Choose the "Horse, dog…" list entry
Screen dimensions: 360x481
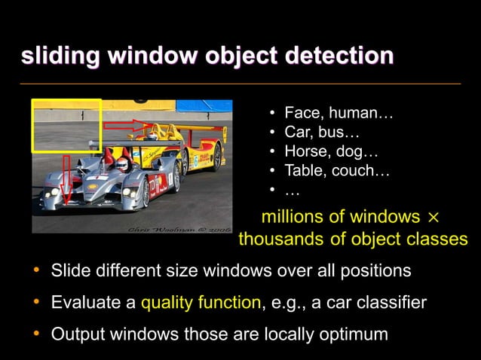coord(331,152)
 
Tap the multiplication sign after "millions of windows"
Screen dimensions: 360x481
coord(433,218)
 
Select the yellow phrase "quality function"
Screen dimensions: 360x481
coord(201,303)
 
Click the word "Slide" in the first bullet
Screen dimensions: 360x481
coord(69,270)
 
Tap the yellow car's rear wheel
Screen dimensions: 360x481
coord(216,156)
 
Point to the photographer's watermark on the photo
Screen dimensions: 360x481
coord(179,226)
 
